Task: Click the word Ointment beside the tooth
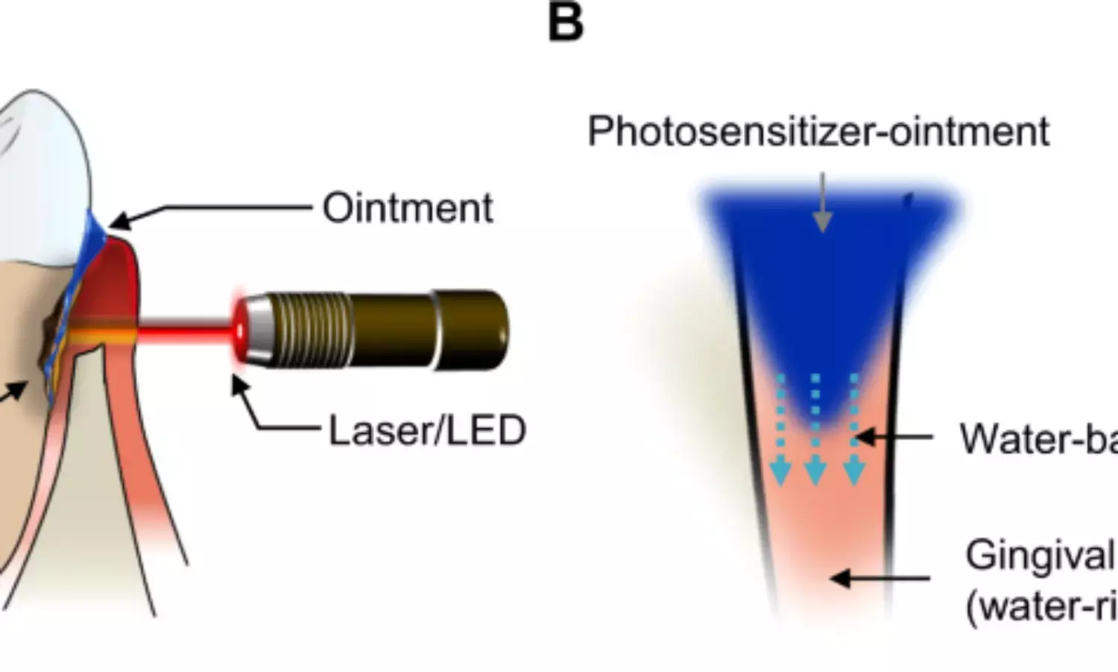click(407, 207)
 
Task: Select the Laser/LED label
click(427, 430)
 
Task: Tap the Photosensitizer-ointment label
click(818, 131)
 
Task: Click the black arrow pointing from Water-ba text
click(894, 437)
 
